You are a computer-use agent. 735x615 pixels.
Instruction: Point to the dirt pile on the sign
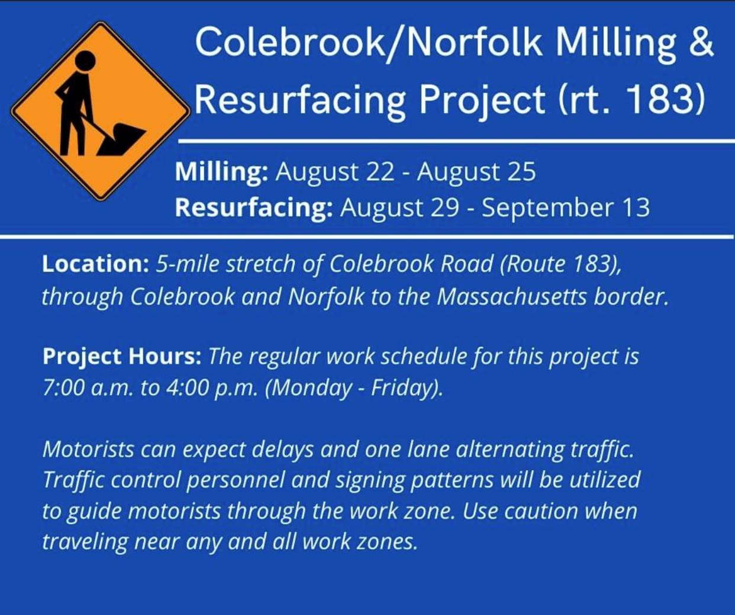[x=121, y=138]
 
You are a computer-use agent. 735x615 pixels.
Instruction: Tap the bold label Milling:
[x=222, y=172]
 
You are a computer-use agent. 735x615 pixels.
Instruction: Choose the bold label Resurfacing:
[x=254, y=208]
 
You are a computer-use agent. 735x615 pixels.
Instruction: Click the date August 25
[x=476, y=173]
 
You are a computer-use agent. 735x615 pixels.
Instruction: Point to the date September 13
[x=565, y=208]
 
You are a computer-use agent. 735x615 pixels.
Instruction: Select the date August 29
[x=399, y=208]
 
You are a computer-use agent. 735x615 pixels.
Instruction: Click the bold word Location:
[x=96, y=264]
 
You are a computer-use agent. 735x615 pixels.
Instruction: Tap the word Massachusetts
[x=511, y=297]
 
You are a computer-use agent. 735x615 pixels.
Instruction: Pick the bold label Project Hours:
[x=122, y=357]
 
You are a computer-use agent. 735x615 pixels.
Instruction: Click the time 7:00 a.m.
[x=88, y=389]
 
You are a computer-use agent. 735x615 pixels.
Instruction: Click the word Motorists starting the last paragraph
[x=88, y=450]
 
